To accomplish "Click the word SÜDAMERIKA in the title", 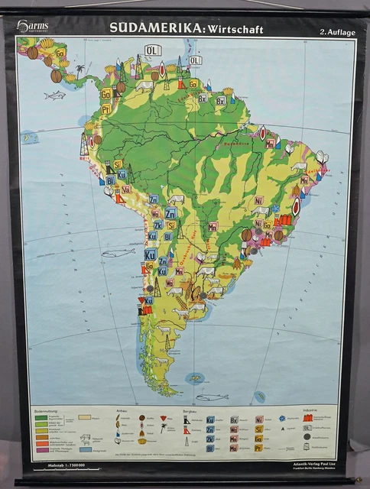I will click(x=156, y=28).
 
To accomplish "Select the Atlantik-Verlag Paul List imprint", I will click(x=324, y=465).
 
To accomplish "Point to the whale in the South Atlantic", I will click(x=212, y=397).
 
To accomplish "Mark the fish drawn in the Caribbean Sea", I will click(x=55, y=95).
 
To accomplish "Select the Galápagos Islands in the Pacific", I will click(x=29, y=137).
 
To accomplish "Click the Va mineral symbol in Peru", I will click(x=126, y=189).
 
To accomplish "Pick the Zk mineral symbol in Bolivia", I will click(x=158, y=225).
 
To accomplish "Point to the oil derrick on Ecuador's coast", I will click(x=84, y=144).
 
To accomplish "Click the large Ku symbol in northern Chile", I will click(x=150, y=254).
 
